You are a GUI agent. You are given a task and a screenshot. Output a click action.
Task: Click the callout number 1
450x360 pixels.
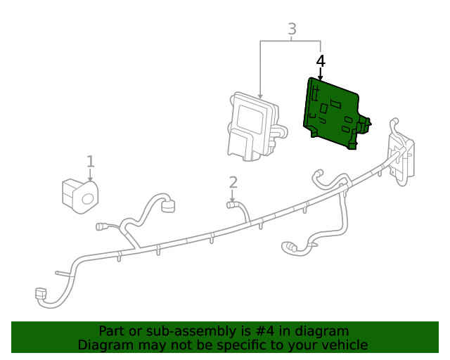[90, 162]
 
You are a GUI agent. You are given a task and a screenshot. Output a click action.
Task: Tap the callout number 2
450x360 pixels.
[233, 182]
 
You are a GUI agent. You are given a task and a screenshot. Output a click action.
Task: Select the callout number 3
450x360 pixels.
[292, 29]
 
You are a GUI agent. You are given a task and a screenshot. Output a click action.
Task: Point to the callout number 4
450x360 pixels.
[321, 61]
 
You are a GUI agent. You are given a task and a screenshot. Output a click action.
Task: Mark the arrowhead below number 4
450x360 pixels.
[321, 77]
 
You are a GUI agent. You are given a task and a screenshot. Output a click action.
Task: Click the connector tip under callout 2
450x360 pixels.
[230, 205]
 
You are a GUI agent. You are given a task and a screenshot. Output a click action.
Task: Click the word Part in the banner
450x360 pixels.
[112, 331]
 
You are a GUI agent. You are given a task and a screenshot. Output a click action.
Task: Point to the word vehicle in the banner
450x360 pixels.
[345, 345]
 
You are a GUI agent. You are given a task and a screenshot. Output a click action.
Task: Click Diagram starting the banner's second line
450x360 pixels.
[105, 345]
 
